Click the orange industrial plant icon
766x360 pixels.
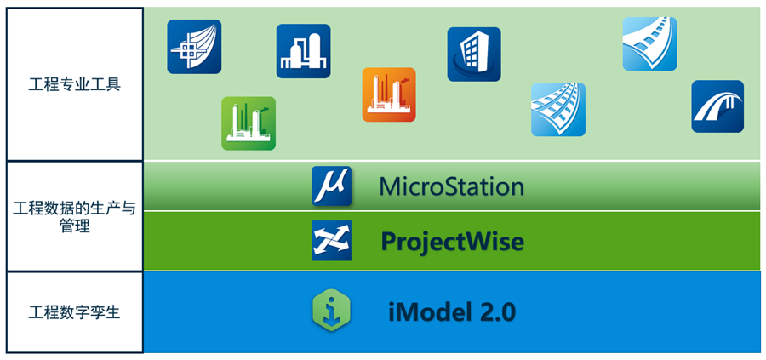pos(389,94)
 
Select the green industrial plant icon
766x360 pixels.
pos(249,123)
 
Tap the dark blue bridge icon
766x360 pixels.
pos(717,106)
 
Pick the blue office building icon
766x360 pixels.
pos(474,54)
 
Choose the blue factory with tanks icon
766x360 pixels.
pos(303,51)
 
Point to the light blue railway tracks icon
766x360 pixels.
pos(558,109)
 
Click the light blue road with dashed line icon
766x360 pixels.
pos(649,43)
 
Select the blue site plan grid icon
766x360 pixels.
pos(194,46)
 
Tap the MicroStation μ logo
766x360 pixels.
pos(331,186)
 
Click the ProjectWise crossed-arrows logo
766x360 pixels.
pos(331,241)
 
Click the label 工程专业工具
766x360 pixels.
pos(75,85)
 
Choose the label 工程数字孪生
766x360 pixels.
pos(75,312)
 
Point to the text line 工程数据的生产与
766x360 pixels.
pos(75,209)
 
